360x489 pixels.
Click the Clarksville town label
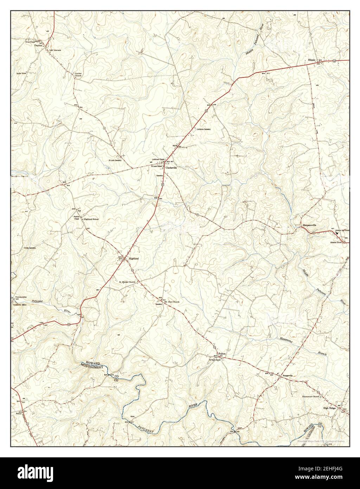tap(172, 168)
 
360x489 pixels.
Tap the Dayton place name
tap(38, 45)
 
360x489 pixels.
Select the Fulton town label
tap(222, 353)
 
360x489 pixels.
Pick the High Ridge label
tap(329, 408)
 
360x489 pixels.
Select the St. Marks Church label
tap(127, 282)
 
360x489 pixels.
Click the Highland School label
tap(91, 219)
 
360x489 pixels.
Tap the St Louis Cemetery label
tap(115, 160)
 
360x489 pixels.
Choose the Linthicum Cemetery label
tap(204, 129)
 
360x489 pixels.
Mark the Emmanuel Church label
tap(311, 397)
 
